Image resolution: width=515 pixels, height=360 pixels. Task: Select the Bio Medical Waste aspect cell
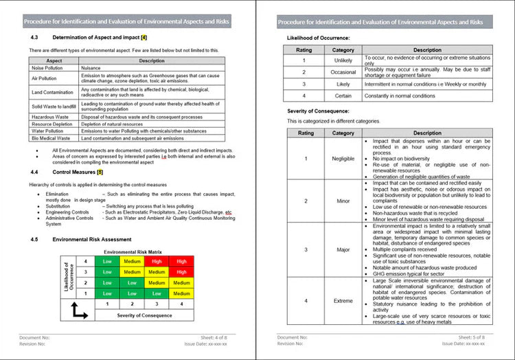[x=49, y=137]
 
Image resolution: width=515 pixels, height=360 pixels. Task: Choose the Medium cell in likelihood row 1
[x=181, y=293]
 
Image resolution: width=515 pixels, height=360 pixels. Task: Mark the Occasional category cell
[x=343, y=72]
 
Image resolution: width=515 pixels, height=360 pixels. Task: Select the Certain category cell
[x=343, y=95]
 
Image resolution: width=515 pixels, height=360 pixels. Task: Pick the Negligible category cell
[x=343, y=159]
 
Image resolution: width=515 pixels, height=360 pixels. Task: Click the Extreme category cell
[x=343, y=301]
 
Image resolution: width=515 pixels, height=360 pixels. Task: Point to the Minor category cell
[x=343, y=201]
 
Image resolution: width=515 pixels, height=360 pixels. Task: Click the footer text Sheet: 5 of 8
[x=472, y=338]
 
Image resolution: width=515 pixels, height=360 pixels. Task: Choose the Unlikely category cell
[x=343, y=60]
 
